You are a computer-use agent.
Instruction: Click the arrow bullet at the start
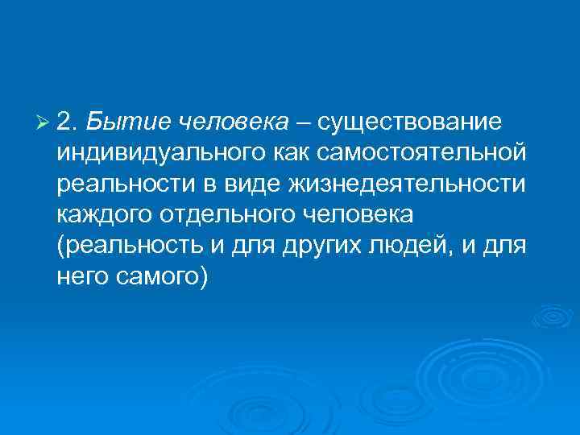(43, 122)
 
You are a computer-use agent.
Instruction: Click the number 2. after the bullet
(68, 122)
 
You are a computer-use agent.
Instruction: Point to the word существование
(409, 122)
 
